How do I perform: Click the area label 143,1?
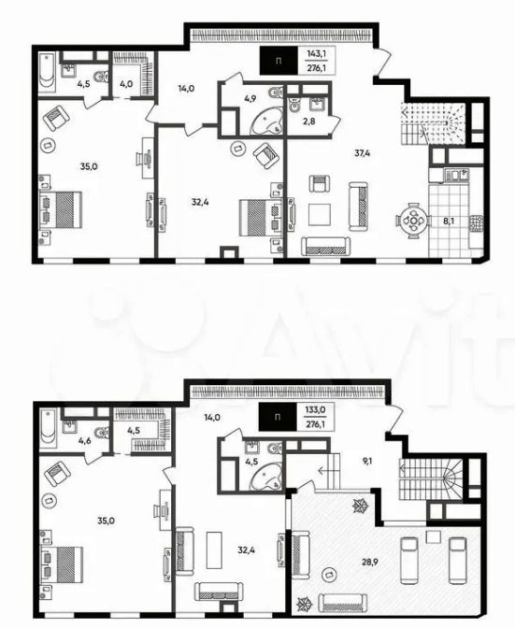[316, 53]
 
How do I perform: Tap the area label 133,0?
[316, 409]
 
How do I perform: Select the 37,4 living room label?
[362, 152]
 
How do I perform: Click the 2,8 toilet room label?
[308, 121]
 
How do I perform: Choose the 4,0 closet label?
[125, 84]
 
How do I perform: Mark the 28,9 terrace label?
[369, 562]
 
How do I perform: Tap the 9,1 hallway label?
[367, 461]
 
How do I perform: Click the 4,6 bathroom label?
[84, 441]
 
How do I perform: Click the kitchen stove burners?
[477, 223]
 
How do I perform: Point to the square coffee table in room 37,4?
[319, 215]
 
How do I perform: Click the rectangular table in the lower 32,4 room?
[214, 549]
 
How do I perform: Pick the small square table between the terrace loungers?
[434, 535]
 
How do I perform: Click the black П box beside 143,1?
[279, 61]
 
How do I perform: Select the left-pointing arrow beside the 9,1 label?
[329, 470]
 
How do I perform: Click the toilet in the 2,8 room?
[293, 105]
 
